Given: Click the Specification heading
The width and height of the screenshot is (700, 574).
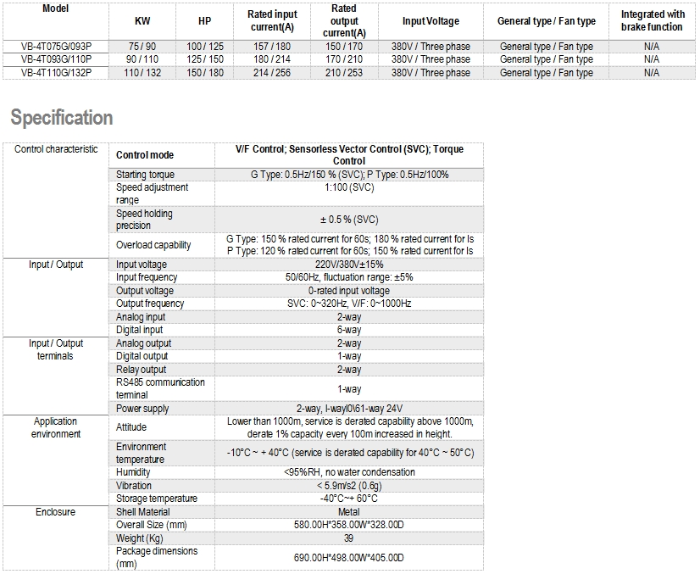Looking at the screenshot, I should coord(62,118).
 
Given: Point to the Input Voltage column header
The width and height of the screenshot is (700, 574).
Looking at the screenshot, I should coord(431,21).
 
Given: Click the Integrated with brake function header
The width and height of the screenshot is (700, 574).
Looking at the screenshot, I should coord(652,21).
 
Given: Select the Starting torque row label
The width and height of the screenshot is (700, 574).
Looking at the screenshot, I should coord(145,175).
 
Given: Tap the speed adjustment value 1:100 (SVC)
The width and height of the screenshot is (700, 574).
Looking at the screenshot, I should coord(349,187).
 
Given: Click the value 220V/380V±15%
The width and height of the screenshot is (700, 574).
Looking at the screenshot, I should coord(349,265).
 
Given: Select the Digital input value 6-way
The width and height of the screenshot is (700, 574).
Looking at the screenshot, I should coord(349,330).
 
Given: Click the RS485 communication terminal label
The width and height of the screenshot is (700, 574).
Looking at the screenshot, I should coord(160,388).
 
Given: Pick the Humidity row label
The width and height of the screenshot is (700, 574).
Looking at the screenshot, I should coord(133,472).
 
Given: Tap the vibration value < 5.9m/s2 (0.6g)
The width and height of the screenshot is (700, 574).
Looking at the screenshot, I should coord(349,486).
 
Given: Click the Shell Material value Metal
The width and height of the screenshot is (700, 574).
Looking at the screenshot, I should coord(349,512).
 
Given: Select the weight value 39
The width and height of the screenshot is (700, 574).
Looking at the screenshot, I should coord(349,538).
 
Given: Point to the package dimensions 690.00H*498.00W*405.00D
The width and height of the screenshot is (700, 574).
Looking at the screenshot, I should coord(349,557).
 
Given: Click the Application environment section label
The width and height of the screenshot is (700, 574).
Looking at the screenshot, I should coord(56,427).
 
